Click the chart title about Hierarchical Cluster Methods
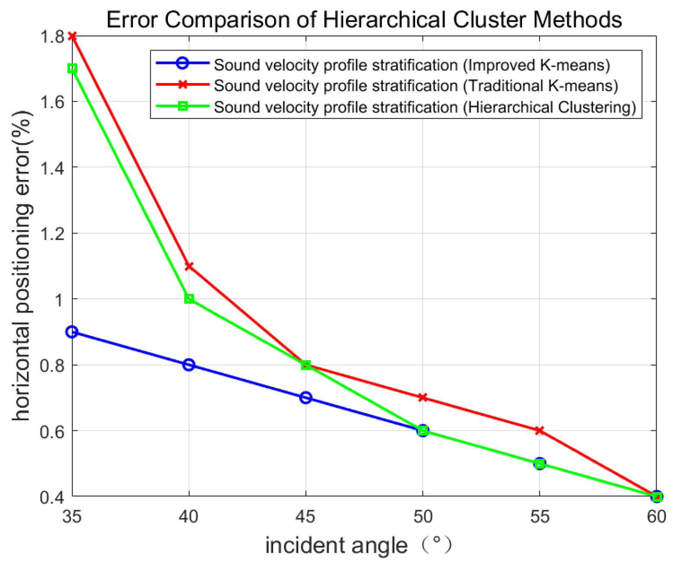[x=364, y=20]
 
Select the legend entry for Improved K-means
[x=411, y=65]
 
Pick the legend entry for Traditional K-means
[x=416, y=86]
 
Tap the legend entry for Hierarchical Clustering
[x=424, y=107]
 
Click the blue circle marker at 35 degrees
[x=72, y=332]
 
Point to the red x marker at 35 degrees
[x=72, y=36]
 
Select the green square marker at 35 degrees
[x=72, y=68]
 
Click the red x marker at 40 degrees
[x=189, y=266]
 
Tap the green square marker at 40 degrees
[x=189, y=299]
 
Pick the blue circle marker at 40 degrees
[x=189, y=365]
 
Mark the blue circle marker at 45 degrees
[x=306, y=397]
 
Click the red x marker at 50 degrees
[x=423, y=397]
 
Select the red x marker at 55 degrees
[x=539, y=430]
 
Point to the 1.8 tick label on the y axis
[x=52, y=37]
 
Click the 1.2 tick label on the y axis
[x=52, y=234]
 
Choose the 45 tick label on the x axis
[x=306, y=516]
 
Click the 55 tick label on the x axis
[x=539, y=516]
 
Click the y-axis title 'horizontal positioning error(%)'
[x=22, y=266]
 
